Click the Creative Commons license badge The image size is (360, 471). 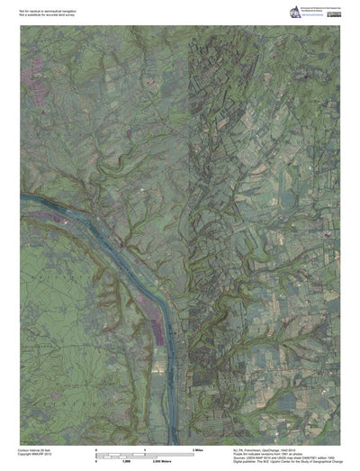[332, 6]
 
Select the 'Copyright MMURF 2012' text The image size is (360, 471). [37, 452]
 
